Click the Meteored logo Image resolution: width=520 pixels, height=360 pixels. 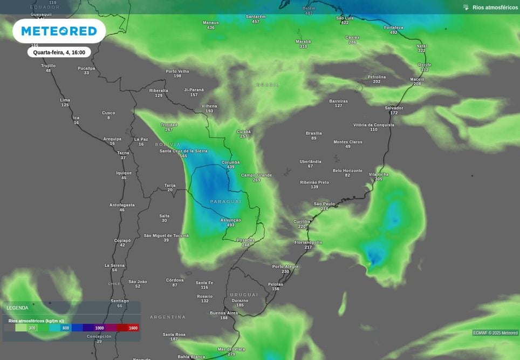[x=59, y=31]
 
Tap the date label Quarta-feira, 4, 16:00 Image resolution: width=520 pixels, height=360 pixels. [x=59, y=52]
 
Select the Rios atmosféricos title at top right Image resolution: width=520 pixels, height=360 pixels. [x=495, y=8]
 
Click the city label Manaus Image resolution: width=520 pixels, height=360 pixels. [x=211, y=23]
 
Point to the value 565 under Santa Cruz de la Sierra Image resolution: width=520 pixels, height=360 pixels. [x=183, y=156]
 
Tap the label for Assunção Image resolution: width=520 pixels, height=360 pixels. [x=231, y=220]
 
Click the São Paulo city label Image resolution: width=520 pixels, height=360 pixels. [x=324, y=204]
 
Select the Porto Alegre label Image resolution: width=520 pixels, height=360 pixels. [x=285, y=267]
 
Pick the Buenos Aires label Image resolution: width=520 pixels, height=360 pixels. [x=224, y=313]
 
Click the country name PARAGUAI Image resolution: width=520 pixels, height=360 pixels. [x=226, y=201]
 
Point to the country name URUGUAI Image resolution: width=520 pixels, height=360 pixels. [x=244, y=295]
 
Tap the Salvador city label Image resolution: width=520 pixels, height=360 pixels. [x=394, y=108]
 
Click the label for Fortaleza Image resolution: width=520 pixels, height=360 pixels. [x=394, y=28]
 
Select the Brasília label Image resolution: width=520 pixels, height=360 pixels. [x=314, y=133]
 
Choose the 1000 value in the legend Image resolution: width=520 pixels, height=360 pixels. [x=99, y=328]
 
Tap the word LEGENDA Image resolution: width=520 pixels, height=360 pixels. [x=17, y=308]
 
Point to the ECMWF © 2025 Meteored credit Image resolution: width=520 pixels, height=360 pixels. [x=495, y=333]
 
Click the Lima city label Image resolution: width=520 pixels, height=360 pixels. [x=65, y=100]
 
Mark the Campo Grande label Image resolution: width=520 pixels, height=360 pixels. [x=256, y=175]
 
